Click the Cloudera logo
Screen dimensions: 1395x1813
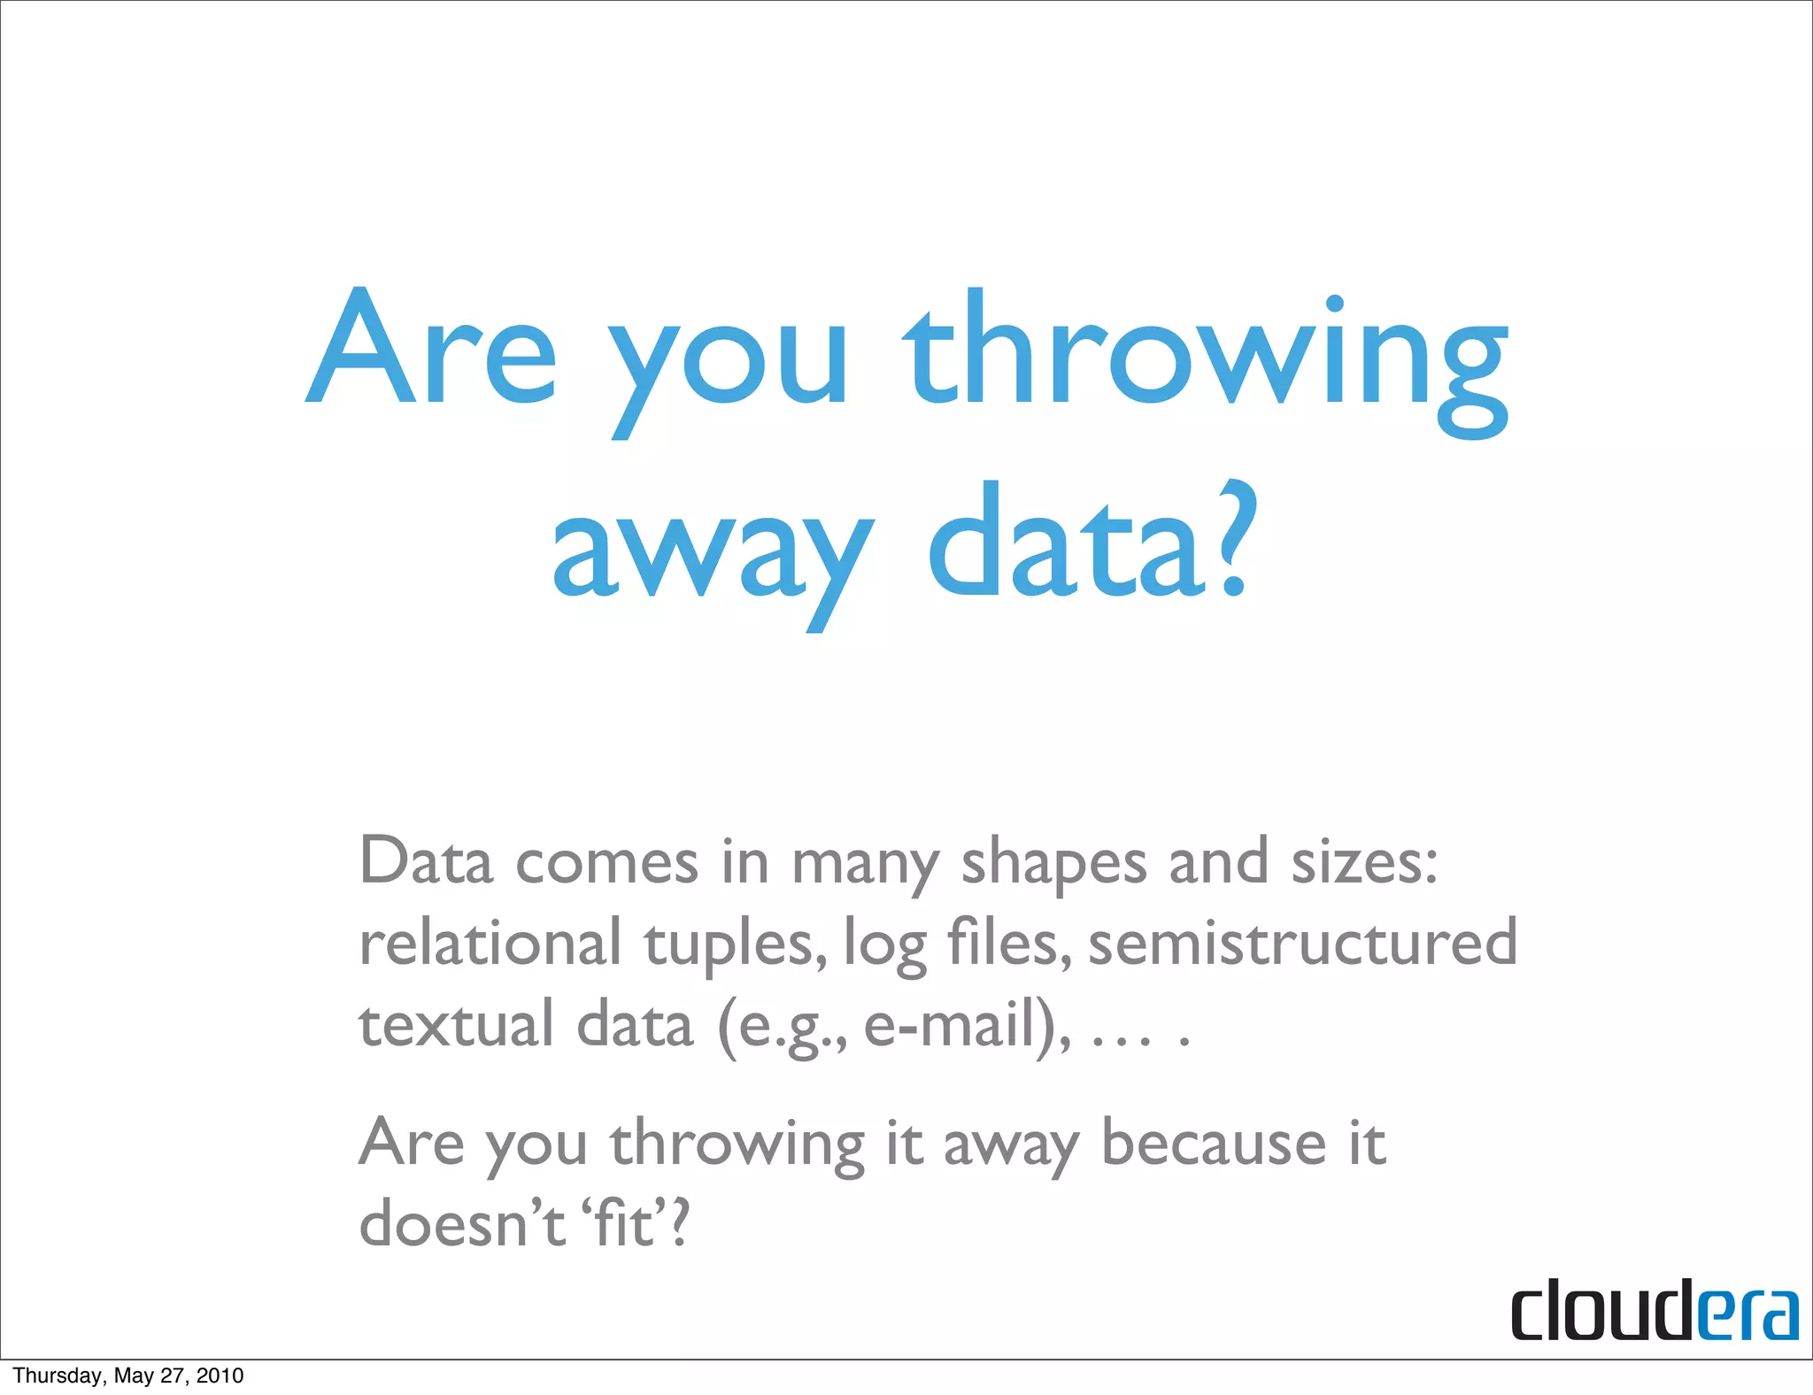pos(1654,1309)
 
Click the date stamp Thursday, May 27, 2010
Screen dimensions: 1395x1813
pos(128,1375)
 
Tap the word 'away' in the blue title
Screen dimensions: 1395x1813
pos(713,553)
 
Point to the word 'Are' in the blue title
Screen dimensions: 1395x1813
pos(431,350)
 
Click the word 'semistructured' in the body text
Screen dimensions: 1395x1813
pos(1302,943)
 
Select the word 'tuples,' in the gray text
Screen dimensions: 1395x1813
pos(737,945)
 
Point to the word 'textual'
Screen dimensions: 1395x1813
pos(456,1025)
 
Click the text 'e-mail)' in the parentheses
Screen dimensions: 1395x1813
pos(965,1027)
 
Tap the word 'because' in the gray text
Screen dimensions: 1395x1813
pos(1213,1143)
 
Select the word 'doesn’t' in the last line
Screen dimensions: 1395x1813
pos(461,1224)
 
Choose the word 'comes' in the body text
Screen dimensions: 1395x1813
pos(606,863)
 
